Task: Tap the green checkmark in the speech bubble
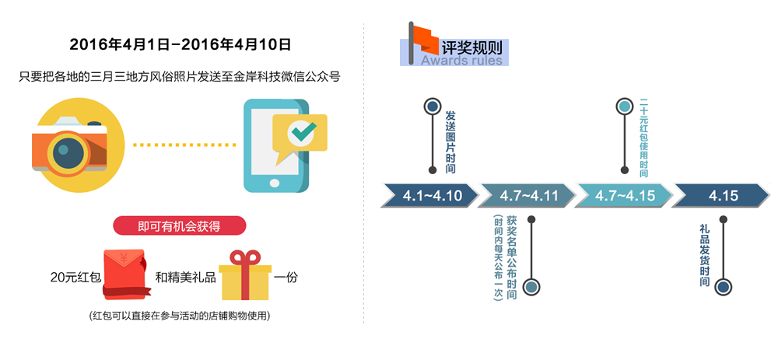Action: pos(300,131)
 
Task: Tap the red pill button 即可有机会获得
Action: pos(180,226)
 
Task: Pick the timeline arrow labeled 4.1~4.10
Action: pos(432,196)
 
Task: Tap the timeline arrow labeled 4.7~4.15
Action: pos(625,196)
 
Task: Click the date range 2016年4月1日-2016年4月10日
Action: pos(180,44)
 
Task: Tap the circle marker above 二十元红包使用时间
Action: pos(624,107)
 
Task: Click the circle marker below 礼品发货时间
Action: pos(724,287)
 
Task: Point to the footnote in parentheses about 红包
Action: pos(180,316)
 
